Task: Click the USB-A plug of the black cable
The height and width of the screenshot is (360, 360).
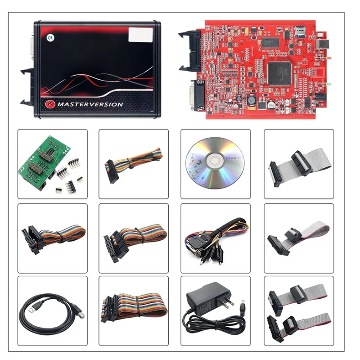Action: pyautogui.click(x=32, y=310)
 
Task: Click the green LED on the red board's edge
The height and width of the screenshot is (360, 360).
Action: pyautogui.click(x=329, y=84)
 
